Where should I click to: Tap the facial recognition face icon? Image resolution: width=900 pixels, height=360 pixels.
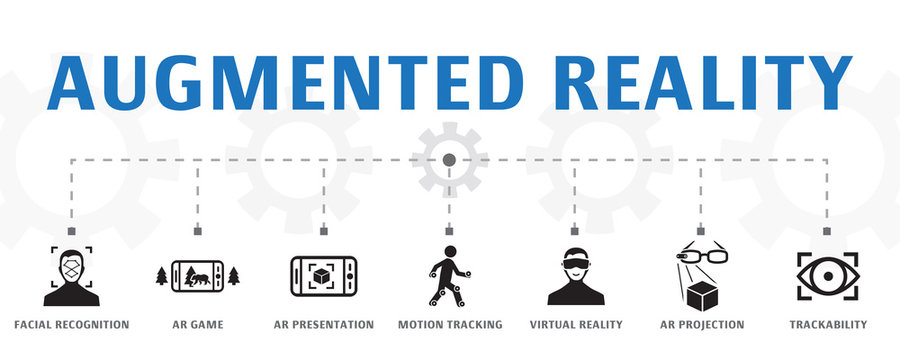[x=71, y=277]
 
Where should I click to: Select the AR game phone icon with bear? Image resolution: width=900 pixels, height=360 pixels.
[x=197, y=277]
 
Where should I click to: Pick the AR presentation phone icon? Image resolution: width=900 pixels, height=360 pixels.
[x=323, y=277]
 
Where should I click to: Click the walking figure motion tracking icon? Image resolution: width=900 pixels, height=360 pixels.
[x=447, y=276]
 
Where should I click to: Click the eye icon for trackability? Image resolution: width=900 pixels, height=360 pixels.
[x=825, y=277]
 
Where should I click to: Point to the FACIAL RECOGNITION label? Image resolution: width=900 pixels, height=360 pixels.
[x=71, y=325]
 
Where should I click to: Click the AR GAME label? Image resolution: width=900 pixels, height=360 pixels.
[x=197, y=325]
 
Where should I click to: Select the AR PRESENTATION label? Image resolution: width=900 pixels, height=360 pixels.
[x=323, y=325]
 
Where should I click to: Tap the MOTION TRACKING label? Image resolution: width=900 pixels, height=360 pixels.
[x=449, y=325]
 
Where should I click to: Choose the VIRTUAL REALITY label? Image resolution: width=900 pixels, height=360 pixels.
[x=575, y=325]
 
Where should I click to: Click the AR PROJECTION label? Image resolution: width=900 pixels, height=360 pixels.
[x=701, y=325]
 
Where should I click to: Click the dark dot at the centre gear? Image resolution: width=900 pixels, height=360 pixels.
[x=449, y=159]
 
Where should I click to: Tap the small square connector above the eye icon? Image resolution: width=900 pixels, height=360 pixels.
[x=826, y=231]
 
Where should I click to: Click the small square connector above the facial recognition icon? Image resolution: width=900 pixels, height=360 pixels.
[x=71, y=231]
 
